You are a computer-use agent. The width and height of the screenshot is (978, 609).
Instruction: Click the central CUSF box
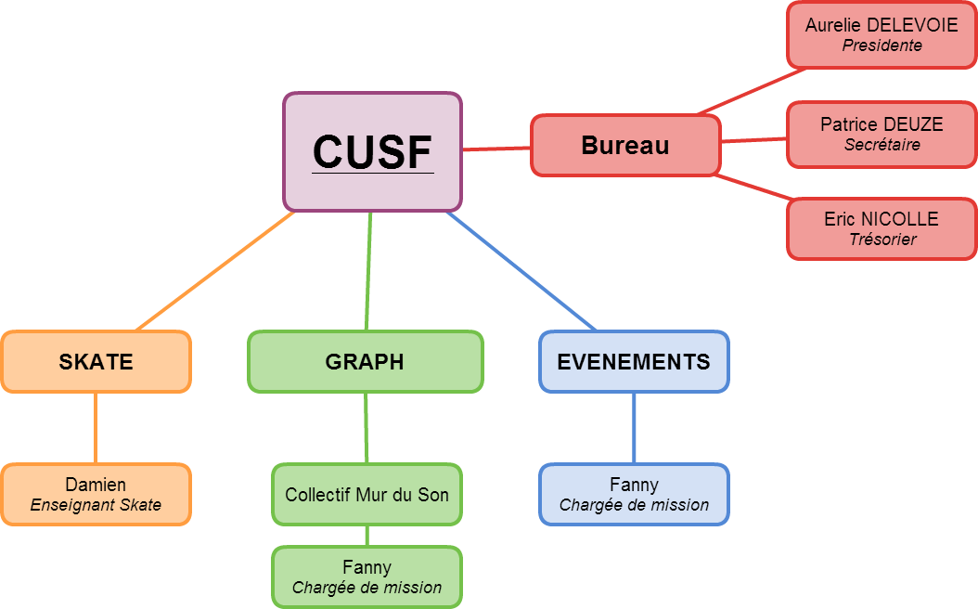pos(372,151)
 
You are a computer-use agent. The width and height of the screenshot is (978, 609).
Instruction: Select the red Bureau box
pos(625,146)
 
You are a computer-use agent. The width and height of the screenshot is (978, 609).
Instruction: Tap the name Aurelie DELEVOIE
pos(881,25)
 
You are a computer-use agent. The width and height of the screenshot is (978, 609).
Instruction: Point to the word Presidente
pos(881,45)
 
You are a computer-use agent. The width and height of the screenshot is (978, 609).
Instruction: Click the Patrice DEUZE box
pos(881,135)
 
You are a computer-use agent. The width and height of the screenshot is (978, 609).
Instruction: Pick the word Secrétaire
pos(881,145)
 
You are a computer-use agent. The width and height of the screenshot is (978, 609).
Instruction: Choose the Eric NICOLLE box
pos(881,229)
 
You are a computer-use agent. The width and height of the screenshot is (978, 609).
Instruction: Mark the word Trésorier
pos(882,239)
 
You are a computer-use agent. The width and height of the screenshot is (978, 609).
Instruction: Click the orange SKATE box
pos(97,362)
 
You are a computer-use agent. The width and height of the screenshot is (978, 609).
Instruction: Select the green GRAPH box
pos(366,362)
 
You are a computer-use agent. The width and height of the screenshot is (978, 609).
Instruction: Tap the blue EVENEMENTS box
pos(634,362)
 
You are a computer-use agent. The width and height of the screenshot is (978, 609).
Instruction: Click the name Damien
pos(96,485)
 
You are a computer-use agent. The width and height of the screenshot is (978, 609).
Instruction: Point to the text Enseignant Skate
pos(96,505)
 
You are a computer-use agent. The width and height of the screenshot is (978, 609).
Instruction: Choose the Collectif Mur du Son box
pos(367,495)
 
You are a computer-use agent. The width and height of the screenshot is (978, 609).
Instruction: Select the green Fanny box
pos(367,577)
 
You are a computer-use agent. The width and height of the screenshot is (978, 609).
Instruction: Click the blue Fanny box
pos(634,495)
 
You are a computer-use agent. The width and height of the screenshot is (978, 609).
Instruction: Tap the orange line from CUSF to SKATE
pos(215,271)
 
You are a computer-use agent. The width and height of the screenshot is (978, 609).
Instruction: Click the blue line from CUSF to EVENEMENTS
pos(521,271)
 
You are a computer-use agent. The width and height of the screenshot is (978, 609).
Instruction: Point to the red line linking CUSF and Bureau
pos(496,149)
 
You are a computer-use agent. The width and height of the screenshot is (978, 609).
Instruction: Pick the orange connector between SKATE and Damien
pos(96,429)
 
